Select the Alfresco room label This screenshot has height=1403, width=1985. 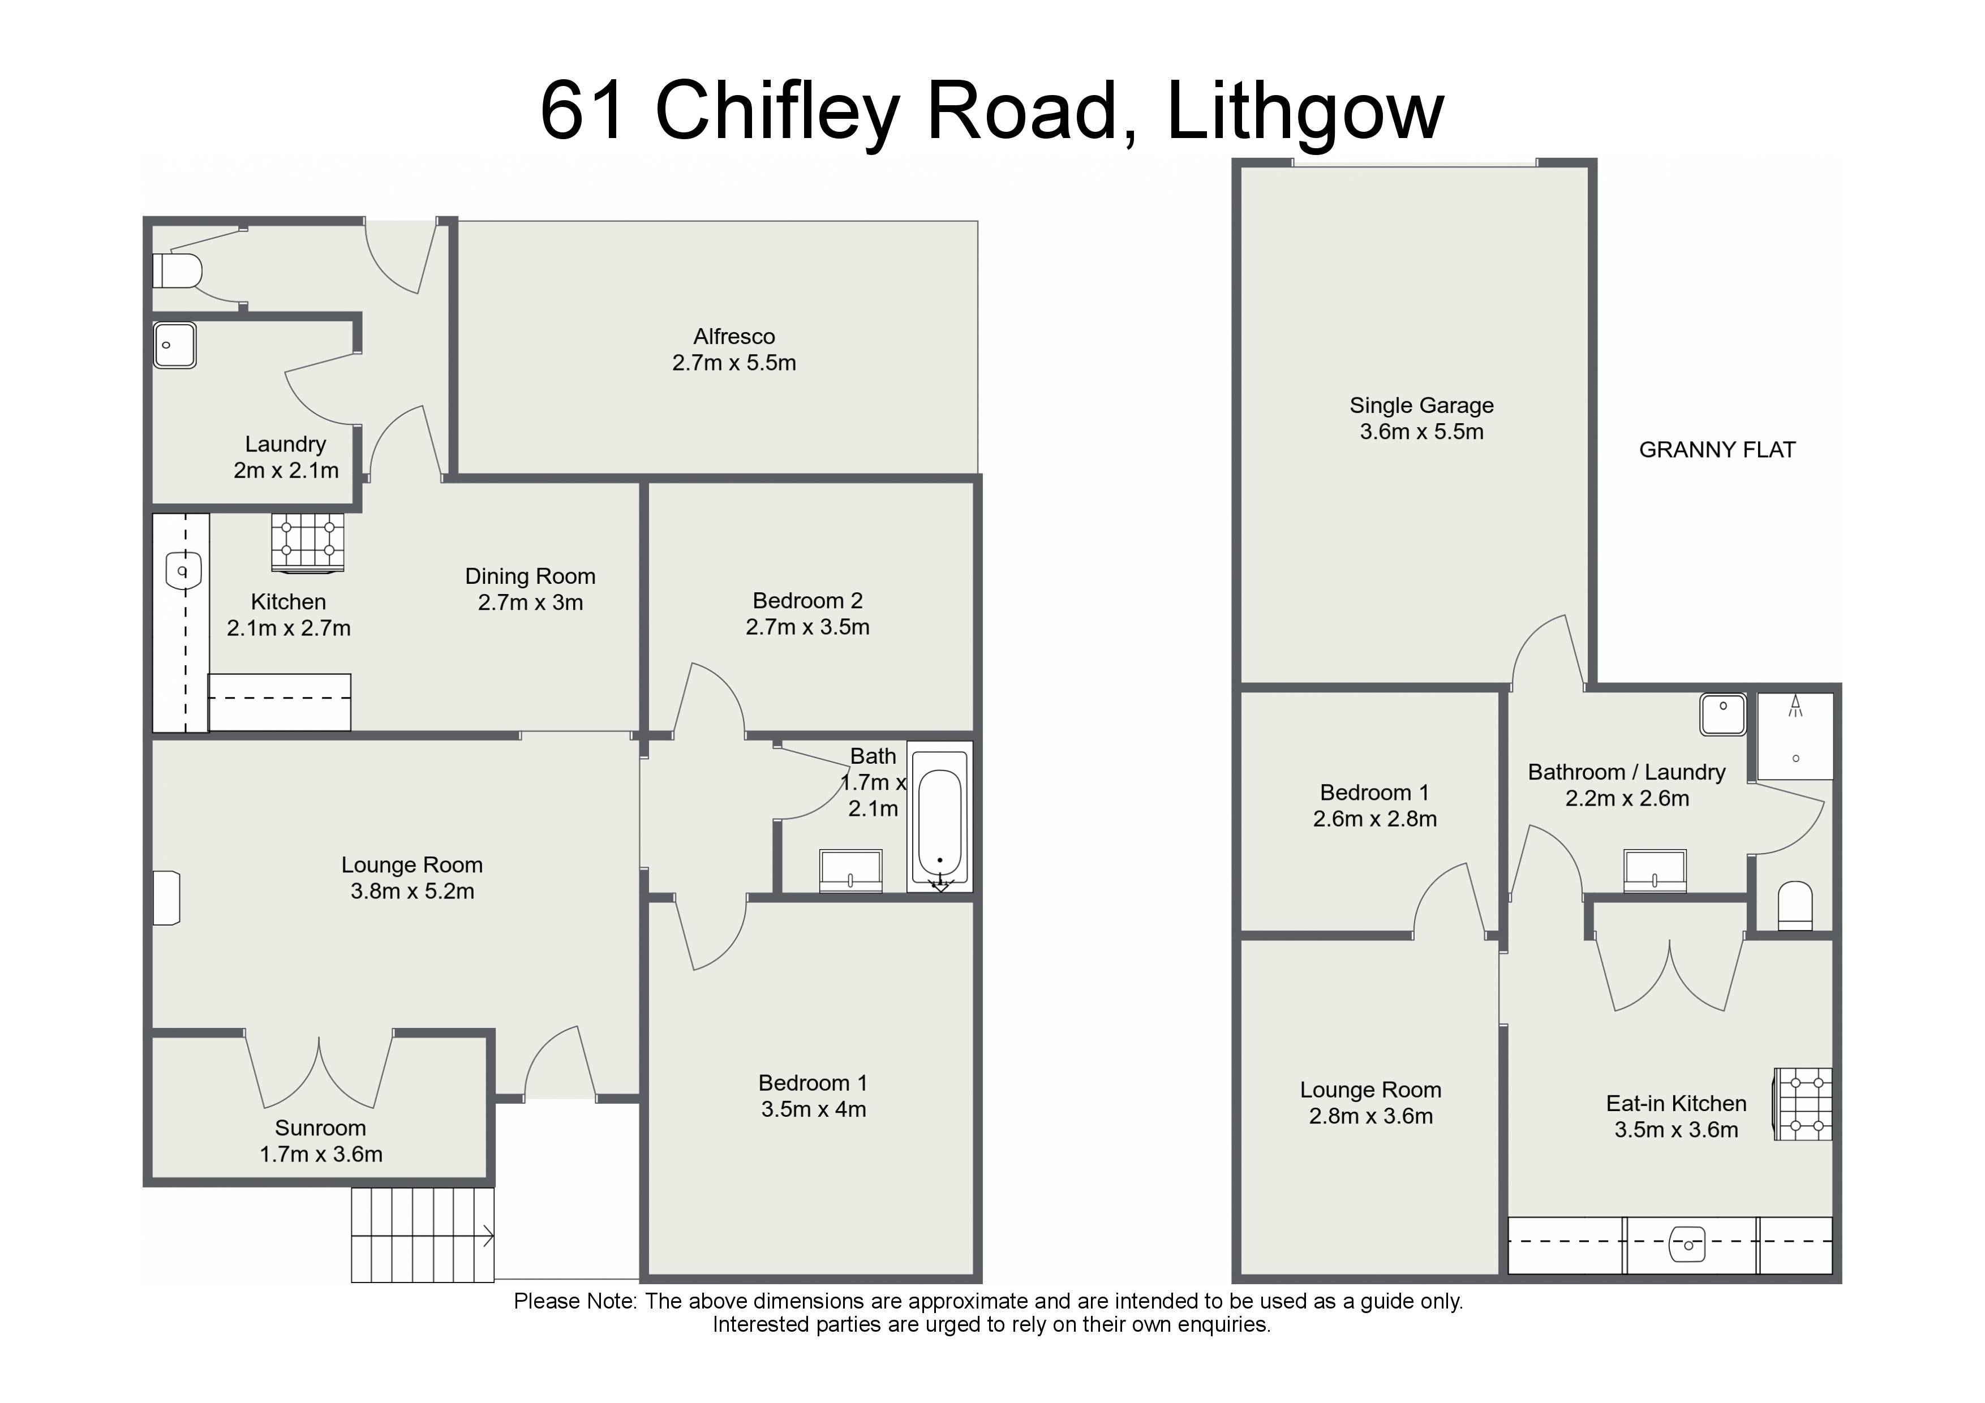(x=734, y=336)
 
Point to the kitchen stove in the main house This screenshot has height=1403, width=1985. (x=308, y=543)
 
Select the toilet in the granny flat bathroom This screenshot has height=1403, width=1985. (x=1795, y=906)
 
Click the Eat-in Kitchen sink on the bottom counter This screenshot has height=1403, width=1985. (x=1687, y=1245)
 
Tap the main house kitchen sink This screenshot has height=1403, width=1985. (x=182, y=571)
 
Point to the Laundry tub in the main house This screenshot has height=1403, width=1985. (x=175, y=345)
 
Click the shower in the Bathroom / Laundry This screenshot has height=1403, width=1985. (x=1795, y=735)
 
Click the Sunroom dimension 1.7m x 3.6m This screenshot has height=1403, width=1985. (x=321, y=1154)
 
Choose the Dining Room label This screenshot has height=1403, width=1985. (x=530, y=576)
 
